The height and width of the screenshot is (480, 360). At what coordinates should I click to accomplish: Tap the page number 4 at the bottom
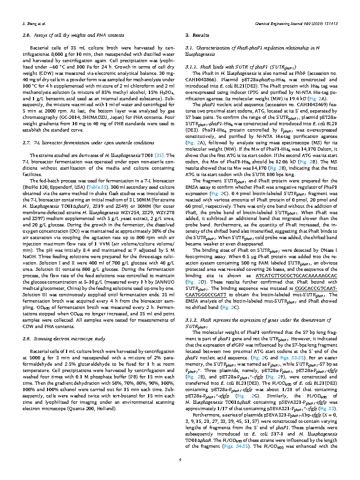(x=180, y=460)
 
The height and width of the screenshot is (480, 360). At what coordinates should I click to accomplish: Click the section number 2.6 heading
(x=27, y=35)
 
